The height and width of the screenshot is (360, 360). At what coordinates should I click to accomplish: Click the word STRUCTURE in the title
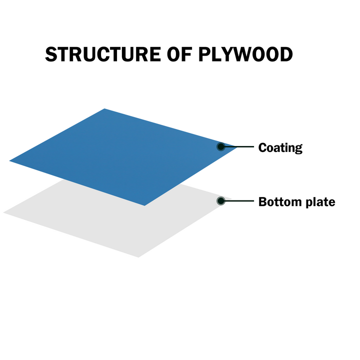[103, 54]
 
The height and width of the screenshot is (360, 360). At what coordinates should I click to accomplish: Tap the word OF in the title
[179, 54]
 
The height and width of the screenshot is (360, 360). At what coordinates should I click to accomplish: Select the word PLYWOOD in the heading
[245, 54]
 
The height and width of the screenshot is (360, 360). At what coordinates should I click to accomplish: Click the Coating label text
[280, 148]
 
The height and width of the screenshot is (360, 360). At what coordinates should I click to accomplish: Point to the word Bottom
[280, 202]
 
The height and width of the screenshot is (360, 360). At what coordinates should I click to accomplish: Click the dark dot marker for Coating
[221, 146]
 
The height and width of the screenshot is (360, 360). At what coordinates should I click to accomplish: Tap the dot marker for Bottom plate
[221, 201]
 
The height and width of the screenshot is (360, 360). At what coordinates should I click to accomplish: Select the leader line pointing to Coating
[239, 146]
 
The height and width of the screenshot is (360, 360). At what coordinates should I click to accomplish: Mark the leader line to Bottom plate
[239, 201]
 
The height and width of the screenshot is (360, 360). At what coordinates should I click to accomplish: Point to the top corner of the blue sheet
[104, 108]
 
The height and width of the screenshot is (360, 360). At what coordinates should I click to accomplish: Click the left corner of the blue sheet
[9, 160]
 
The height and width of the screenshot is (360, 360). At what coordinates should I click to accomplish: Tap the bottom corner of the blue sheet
[144, 205]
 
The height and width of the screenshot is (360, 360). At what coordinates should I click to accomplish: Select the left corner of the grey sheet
[3, 212]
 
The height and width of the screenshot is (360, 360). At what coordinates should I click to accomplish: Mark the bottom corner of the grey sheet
[138, 257]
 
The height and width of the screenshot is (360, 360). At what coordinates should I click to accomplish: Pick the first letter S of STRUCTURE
[51, 54]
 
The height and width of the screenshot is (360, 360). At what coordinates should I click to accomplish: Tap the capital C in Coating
[263, 147]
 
